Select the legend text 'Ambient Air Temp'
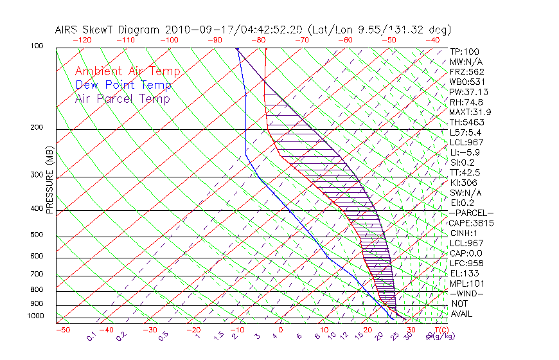click(x=127, y=71)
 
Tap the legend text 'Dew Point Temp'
click(x=123, y=85)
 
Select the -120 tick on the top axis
click(x=82, y=40)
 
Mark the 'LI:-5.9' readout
click(x=464, y=152)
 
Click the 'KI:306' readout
click(x=464, y=183)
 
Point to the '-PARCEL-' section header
click(x=471, y=213)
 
